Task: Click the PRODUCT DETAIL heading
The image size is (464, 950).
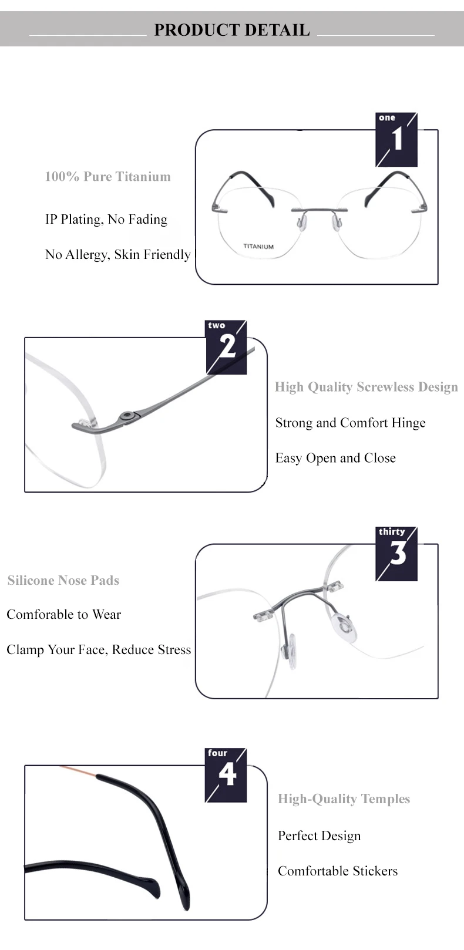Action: (231, 30)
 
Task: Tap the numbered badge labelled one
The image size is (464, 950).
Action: (396, 140)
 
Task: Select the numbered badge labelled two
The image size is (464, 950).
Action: (227, 348)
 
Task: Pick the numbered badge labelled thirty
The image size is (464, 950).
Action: (396, 554)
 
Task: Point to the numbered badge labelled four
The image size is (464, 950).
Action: (226, 775)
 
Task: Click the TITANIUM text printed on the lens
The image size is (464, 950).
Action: (258, 247)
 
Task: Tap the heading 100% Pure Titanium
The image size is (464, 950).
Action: (107, 176)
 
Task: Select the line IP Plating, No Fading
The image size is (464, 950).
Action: (106, 219)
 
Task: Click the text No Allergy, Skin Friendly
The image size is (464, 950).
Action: (118, 254)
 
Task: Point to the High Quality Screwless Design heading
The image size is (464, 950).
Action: (367, 387)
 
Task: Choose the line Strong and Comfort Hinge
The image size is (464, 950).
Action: (350, 422)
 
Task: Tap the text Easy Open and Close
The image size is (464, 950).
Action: (335, 458)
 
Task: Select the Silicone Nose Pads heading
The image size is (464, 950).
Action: (63, 580)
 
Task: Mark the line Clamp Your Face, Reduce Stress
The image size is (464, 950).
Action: (99, 650)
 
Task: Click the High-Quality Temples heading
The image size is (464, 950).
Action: (344, 799)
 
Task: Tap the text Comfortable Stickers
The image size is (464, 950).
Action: (338, 871)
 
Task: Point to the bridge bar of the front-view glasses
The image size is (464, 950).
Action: (320, 210)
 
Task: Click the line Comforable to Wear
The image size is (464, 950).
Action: (63, 614)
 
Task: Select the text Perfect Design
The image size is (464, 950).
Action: (320, 836)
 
